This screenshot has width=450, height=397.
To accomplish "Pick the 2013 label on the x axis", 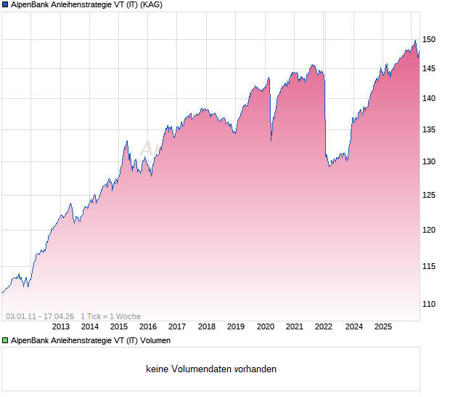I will [61, 326].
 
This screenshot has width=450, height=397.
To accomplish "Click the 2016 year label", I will [149, 326].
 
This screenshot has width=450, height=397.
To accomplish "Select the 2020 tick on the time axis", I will [266, 326].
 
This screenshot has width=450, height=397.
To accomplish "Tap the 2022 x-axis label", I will [324, 326].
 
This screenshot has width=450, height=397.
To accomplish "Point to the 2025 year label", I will [383, 326].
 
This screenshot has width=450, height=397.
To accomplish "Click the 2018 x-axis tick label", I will [207, 326].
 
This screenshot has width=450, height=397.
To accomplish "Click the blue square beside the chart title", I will [5, 4].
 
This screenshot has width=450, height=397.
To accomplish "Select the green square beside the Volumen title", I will [5, 340].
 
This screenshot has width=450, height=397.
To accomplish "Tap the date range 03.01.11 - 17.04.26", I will [40, 316].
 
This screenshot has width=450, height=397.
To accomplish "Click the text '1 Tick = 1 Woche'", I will [110, 316].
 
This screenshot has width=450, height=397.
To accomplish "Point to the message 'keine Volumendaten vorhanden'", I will [211, 369].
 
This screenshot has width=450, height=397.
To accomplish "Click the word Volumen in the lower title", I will [155, 340].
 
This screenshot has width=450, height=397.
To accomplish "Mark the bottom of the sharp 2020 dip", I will [271, 141].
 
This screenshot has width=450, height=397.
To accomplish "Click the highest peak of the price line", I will [415, 41].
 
